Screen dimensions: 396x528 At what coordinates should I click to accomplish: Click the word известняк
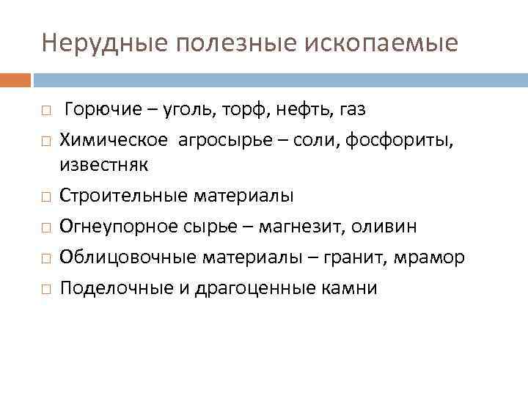pyautogui.click(x=103, y=164)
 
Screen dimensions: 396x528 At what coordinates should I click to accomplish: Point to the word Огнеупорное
pyautogui.click(x=116, y=227)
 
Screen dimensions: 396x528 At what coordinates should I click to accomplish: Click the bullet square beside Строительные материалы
pyautogui.click(x=46, y=197)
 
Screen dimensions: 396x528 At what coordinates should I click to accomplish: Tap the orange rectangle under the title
pyautogui.click(x=15, y=79)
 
